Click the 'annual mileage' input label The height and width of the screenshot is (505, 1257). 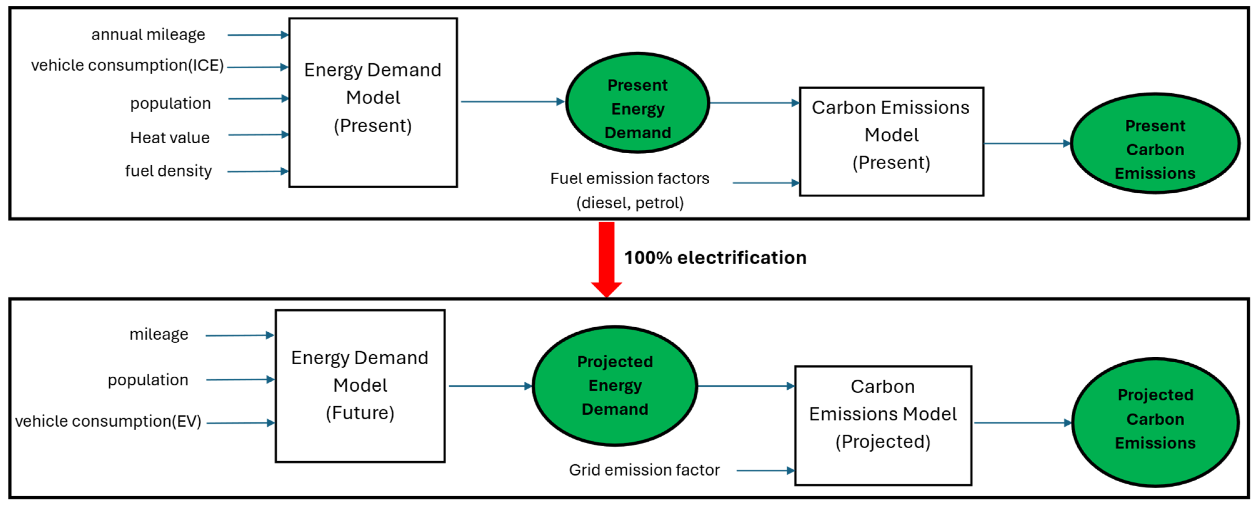click(x=148, y=35)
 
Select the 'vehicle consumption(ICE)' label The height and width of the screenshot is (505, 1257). click(x=127, y=65)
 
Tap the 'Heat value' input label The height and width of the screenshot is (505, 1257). click(x=170, y=138)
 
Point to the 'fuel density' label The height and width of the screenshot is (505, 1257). click(x=168, y=171)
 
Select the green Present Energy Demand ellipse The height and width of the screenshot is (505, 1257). click(x=637, y=103)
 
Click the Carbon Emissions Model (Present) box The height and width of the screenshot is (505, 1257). click(x=891, y=141)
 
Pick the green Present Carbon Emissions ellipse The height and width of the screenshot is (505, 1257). click(x=1155, y=143)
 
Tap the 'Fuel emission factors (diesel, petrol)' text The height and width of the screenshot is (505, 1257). click(x=630, y=190)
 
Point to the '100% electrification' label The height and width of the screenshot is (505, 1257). click(x=715, y=258)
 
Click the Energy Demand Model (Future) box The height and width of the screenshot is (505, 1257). click(x=360, y=385)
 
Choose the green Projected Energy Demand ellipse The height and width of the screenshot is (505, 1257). click(x=615, y=385)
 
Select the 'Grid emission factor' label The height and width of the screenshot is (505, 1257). click(x=644, y=470)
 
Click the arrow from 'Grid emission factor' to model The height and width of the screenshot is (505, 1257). click(x=765, y=471)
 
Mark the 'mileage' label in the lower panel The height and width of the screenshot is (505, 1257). click(x=159, y=335)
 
